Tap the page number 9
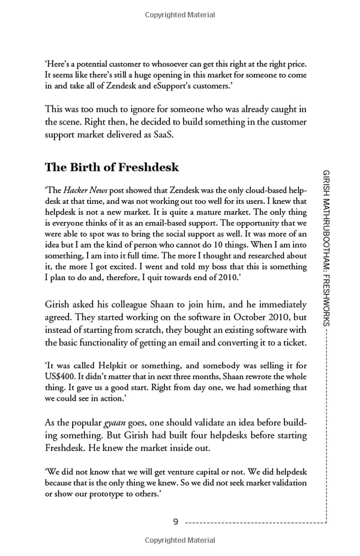point(175,522)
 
